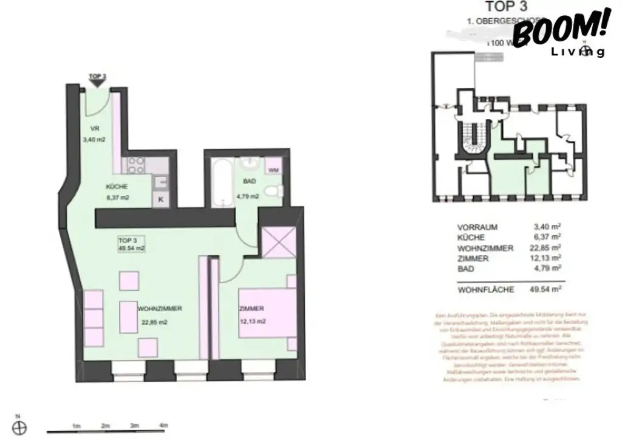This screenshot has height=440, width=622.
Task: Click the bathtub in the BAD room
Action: [x=220, y=180]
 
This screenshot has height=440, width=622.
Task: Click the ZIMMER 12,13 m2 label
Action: [x=251, y=315]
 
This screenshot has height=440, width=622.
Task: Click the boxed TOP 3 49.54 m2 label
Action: [x=131, y=244]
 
